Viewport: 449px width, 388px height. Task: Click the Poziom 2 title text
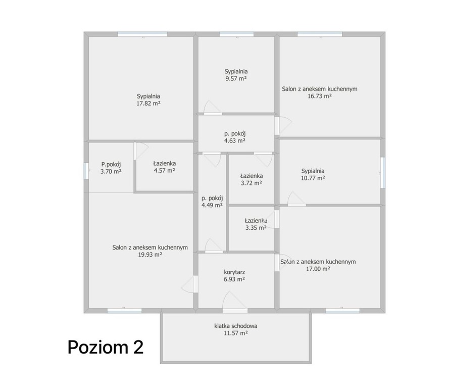106,347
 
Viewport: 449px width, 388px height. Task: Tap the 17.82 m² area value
148,104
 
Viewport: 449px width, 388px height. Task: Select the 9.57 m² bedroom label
236,75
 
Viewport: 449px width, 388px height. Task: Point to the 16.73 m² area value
320,96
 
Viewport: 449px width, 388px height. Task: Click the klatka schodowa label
236,326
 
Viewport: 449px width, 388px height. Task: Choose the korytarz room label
234,272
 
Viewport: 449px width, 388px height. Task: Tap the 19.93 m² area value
150,255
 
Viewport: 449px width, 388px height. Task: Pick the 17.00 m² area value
318,269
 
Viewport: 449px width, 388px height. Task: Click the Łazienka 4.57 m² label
164,167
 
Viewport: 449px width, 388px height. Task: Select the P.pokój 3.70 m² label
111,168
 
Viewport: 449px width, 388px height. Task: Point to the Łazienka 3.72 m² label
252,179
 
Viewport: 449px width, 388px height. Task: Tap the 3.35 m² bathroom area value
256,228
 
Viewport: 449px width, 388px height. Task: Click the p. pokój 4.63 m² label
235,137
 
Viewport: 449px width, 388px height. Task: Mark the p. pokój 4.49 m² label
212,202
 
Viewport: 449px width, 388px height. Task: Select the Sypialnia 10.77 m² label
313,174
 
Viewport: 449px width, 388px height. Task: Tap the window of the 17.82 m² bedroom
142,34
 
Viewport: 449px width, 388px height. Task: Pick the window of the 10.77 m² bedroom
382,173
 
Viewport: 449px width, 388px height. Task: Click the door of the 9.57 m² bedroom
213,108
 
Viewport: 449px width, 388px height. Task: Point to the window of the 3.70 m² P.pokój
86,171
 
